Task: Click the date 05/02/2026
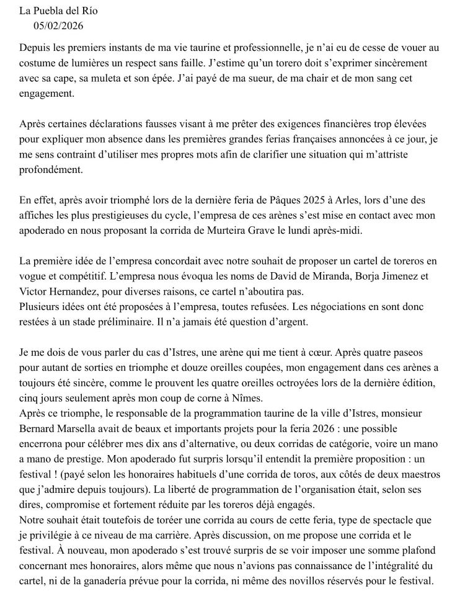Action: coord(58,26)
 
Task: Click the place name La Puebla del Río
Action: coord(58,11)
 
